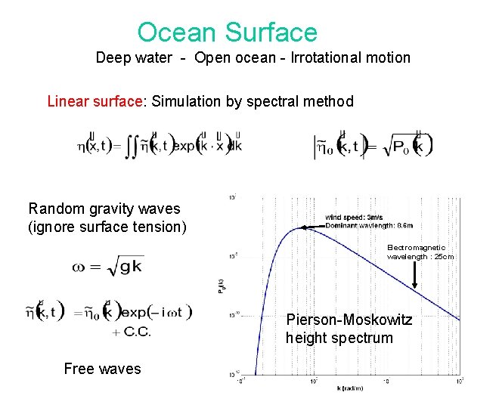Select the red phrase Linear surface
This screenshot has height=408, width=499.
(x=95, y=101)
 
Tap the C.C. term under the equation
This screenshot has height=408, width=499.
(x=131, y=332)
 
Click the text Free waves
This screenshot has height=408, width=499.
(x=102, y=369)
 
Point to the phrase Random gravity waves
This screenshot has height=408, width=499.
(x=104, y=209)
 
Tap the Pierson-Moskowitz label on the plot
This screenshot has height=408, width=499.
(x=349, y=320)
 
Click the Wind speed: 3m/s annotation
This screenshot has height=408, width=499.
(x=354, y=218)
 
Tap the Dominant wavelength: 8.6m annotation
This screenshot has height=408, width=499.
(x=368, y=225)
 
